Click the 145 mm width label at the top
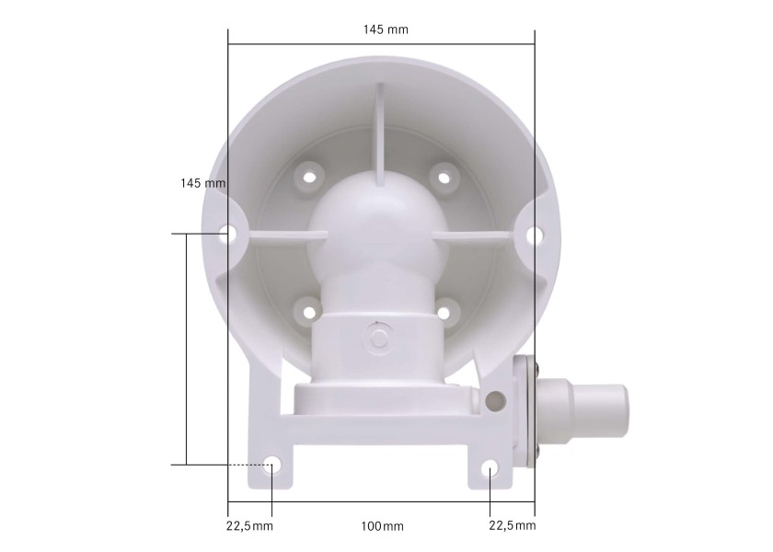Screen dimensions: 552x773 tap(386, 29)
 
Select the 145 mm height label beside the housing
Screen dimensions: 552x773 tap(203, 183)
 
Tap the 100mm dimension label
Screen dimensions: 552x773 tap(382, 526)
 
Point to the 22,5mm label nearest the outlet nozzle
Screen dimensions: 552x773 tap(512, 526)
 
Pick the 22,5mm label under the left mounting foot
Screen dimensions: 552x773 tap(249, 526)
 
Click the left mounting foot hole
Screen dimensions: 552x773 tap(271, 466)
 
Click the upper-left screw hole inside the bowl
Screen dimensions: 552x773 tap(310, 173)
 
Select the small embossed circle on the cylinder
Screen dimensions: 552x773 tap(377, 337)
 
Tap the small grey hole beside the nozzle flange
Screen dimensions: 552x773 tap(497, 400)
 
